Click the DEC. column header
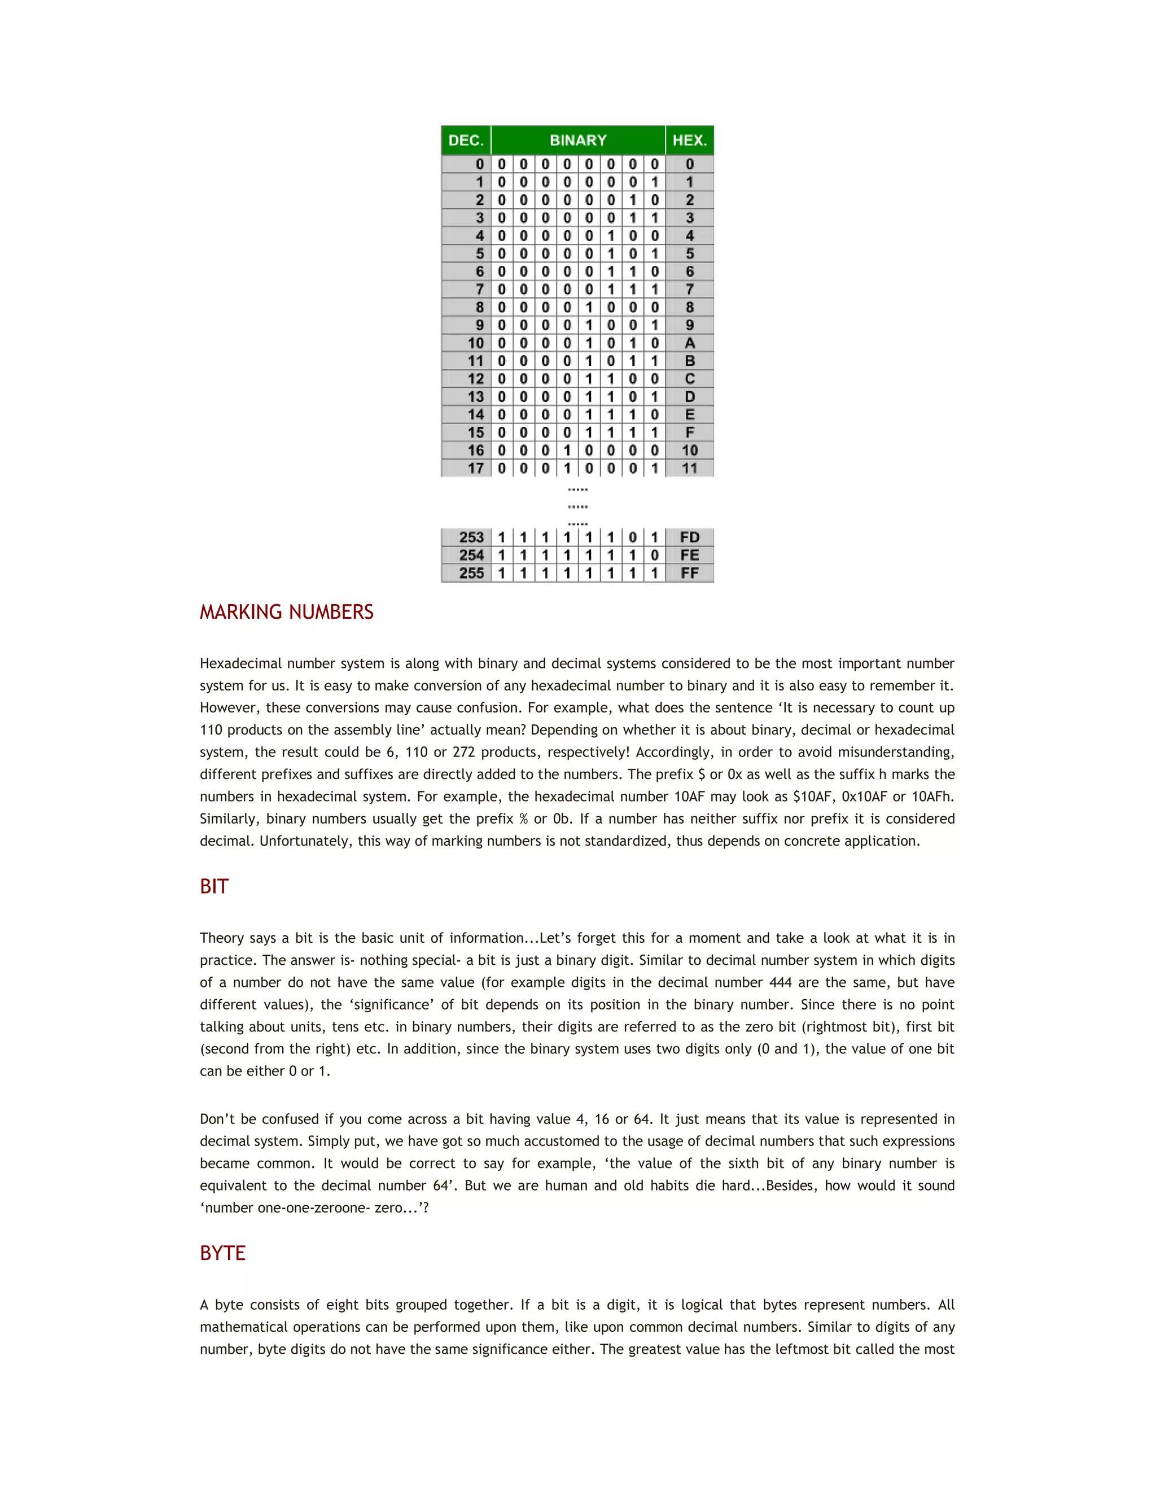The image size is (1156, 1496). tap(466, 141)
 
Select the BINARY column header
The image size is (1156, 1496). tap(578, 141)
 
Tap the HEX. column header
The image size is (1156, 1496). tap(689, 141)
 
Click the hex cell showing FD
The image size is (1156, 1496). tap(689, 537)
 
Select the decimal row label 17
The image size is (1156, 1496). tap(475, 469)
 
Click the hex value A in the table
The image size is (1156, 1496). tap(689, 343)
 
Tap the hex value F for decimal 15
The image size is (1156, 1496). tap(689, 433)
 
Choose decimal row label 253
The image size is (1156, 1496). tap(471, 537)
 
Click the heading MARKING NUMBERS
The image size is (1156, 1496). tap(286, 612)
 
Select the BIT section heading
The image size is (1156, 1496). tap(214, 886)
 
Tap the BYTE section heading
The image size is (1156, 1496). tap(222, 1253)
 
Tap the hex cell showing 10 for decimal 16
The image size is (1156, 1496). tap(689, 450)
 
